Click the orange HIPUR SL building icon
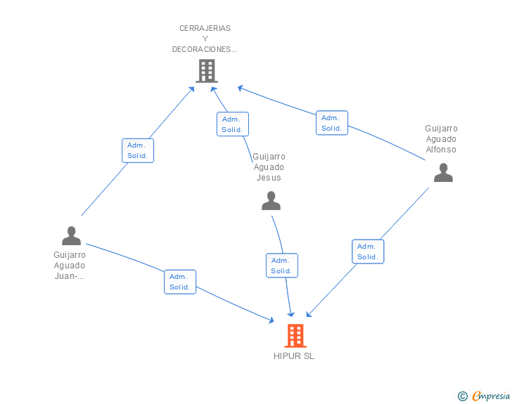click(x=295, y=335)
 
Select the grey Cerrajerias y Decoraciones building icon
click(x=207, y=71)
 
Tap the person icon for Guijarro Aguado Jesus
click(x=271, y=201)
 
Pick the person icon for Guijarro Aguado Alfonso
click(x=443, y=173)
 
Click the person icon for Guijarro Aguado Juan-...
click(x=71, y=235)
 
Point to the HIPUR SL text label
click(x=294, y=356)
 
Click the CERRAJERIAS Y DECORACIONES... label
click(x=205, y=39)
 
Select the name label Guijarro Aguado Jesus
click(x=269, y=167)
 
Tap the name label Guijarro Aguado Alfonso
click(x=441, y=139)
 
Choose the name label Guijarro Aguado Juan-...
click(x=70, y=266)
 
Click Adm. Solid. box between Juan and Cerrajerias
click(x=138, y=151)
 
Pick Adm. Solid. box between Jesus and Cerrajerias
click(x=233, y=124)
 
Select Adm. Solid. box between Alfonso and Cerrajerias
click(x=332, y=123)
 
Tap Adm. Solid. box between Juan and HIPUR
click(x=180, y=282)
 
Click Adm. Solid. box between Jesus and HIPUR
click(x=282, y=266)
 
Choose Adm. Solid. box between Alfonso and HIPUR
click(x=368, y=252)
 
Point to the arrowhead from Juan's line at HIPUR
click(x=271, y=320)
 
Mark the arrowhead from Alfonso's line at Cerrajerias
click(x=241, y=88)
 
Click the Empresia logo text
click(x=491, y=396)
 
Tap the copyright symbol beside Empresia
click(x=462, y=396)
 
